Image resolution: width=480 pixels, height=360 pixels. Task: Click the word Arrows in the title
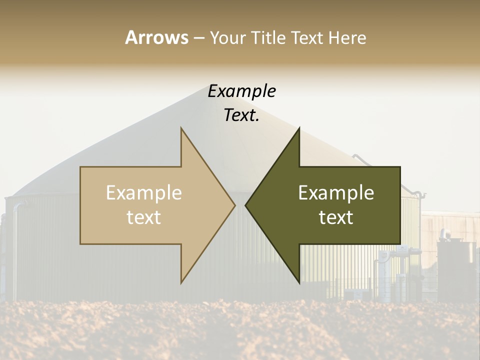click(x=156, y=37)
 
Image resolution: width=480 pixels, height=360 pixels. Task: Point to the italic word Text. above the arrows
click(x=241, y=115)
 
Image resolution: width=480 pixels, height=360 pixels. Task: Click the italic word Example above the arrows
click(x=241, y=91)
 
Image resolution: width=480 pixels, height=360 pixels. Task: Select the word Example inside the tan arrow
click(x=144, y=193)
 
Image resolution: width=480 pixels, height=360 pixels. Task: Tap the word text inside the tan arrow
click(x=144, y=217)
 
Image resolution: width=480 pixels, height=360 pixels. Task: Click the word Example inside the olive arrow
click(x=336, y=193)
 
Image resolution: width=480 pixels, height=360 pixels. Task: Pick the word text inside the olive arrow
click(x=336, y=217)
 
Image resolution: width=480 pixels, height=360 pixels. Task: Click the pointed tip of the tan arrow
click(x=234, y=205)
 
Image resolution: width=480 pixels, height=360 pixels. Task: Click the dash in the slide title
click(x=198, y=38)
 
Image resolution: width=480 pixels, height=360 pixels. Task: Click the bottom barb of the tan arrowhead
click(x=181, y=282)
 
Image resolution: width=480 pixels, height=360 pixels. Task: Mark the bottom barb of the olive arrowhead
click(x=299, y=282)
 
